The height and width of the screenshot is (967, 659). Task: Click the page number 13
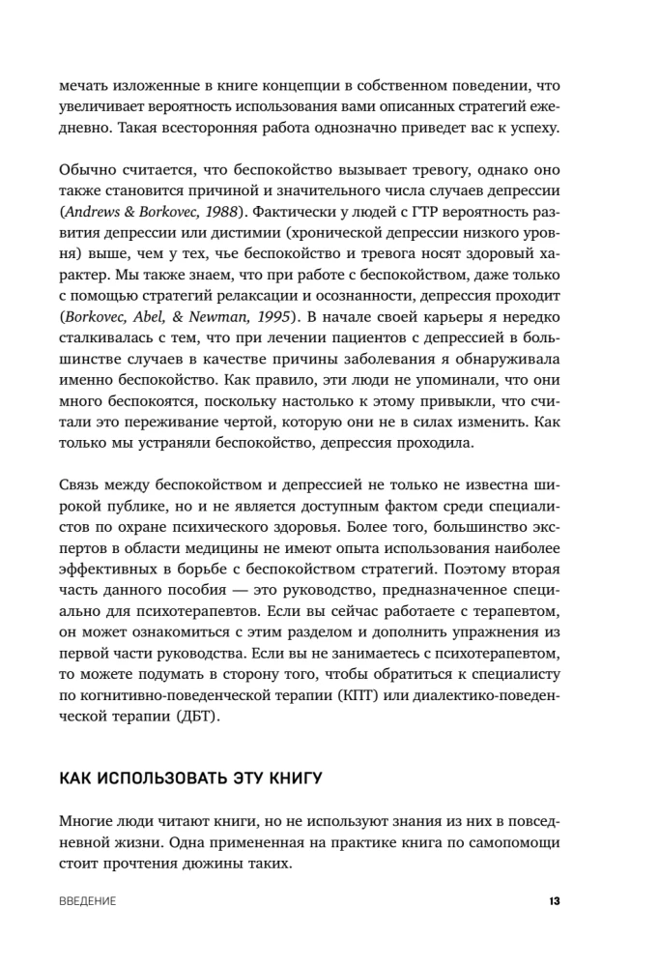(x=555, y=901)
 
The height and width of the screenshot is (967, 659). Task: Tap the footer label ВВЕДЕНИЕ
(x=88, y=901)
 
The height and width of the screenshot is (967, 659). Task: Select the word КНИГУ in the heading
(x=289, y=777)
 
